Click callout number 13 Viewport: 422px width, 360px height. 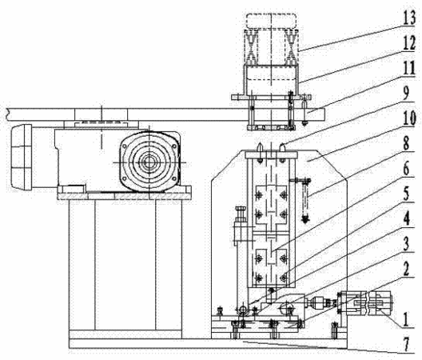(x=410, y=18)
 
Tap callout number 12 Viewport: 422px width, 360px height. (x=410, y=43)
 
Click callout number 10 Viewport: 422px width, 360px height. (x=410, y=118)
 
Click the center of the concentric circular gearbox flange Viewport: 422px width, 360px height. (x=149, y=162)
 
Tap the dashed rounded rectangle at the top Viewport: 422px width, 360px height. (x=271, y=21)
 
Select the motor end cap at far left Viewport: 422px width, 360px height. (x=22, y=156)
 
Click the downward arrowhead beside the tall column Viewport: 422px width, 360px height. (x=305, y=219)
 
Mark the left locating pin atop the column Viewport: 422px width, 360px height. (x=260, y=148)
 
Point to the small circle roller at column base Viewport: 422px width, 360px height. (x=242, y=308)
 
